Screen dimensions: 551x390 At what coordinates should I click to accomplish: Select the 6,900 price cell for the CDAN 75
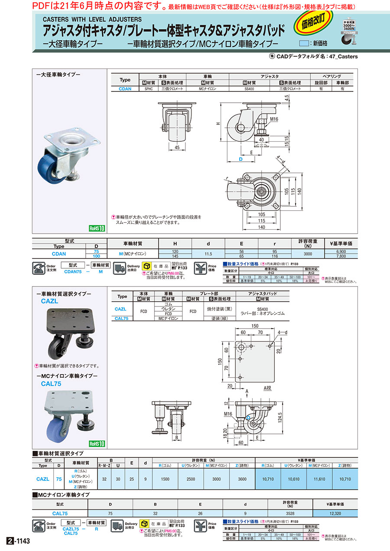[x=341, y=251]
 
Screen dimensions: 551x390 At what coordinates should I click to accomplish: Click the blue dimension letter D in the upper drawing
[x=240, y=160]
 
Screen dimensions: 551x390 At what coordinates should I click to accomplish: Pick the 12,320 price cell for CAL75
[x=335, y=513]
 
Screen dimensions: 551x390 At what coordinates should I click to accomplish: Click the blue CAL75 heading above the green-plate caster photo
[x=51, y=384]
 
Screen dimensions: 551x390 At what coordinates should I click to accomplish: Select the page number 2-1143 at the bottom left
[x=19, y=542]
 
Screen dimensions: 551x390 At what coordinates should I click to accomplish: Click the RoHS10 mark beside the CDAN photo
[x=97, y=228]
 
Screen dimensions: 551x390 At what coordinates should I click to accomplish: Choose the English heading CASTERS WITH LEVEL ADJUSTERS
[x=92, y=20]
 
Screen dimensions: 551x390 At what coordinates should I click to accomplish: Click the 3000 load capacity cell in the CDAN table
[x=308, y=254]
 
